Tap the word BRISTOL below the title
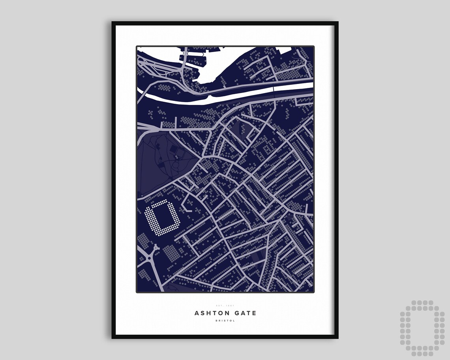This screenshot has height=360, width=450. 225,321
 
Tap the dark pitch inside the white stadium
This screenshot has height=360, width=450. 164,217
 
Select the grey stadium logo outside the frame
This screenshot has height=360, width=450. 422,328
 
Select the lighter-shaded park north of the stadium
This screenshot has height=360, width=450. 158,162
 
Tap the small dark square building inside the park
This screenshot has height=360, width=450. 173,149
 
